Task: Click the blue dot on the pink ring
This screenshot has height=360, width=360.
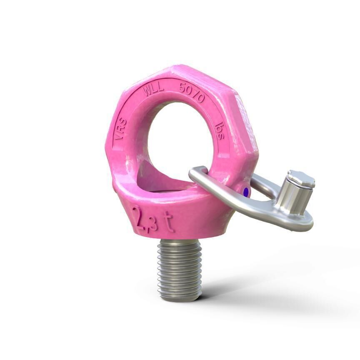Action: coord(246,192)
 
